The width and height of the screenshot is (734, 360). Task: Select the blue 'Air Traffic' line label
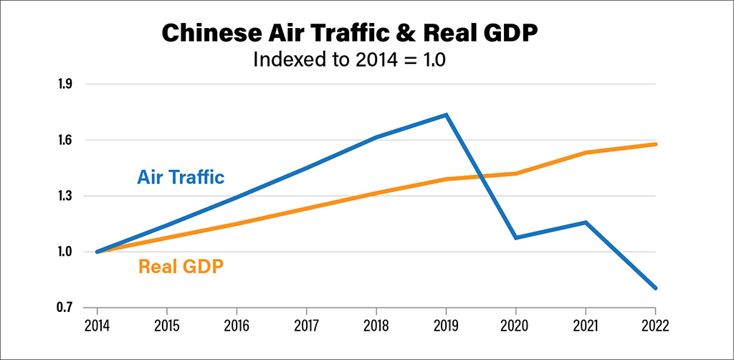181,177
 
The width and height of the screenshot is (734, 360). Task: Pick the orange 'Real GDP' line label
181,267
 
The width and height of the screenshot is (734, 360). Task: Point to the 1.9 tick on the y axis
65,85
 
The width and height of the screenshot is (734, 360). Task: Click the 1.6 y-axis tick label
65,141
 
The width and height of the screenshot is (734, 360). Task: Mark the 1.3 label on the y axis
65,196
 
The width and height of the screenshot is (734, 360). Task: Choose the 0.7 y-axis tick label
65,308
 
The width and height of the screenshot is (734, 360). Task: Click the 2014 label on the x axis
97,325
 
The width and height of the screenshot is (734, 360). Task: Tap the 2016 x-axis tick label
237,325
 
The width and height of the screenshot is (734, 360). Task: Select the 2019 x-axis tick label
446,325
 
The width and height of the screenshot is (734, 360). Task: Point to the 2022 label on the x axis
655,325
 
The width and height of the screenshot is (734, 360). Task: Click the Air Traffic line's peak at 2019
446,115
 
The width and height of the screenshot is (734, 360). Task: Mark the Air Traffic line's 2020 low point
515,237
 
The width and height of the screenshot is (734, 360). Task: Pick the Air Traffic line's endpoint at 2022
655,288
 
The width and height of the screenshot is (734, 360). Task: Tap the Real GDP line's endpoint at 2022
655,144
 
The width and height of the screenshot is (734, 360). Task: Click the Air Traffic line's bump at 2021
586,222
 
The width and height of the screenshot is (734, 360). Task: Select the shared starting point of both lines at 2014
97,252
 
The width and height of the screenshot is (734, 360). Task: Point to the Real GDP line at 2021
586,153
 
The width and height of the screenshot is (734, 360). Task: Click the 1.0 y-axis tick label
65,252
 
